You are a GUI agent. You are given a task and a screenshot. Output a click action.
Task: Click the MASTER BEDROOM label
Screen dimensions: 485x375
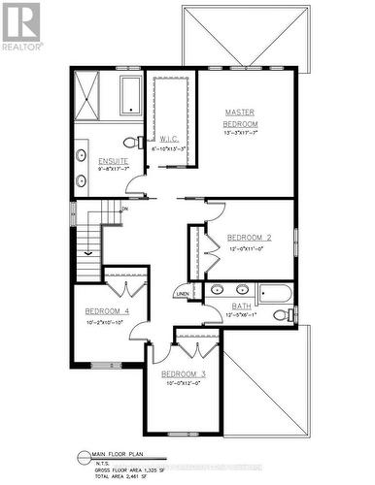[x=241, y=118]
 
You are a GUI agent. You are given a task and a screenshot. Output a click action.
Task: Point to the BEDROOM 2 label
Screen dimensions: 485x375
[x=249, y=238]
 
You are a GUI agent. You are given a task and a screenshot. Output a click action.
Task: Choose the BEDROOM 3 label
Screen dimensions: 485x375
[x=184, y=374]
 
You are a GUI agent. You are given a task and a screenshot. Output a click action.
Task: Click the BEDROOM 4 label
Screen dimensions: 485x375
[x=108, y=310]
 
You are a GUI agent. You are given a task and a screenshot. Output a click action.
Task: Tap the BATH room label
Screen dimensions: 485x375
[x=241, y=307]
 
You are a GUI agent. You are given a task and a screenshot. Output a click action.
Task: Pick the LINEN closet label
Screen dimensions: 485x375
[x=183, y=293]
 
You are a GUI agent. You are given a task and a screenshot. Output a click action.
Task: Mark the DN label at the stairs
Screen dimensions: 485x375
[x=124, y=209]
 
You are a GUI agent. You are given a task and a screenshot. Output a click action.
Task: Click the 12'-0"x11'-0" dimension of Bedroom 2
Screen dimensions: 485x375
[x=249, y=249]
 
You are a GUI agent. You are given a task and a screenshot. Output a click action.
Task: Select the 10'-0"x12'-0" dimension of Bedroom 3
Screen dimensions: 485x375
[x=184, y=384]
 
